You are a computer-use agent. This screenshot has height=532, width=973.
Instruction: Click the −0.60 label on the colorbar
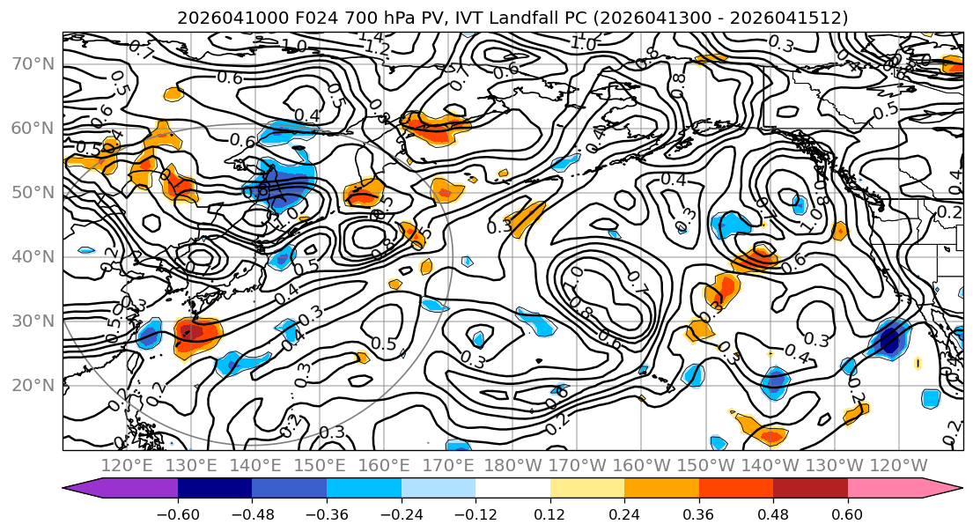pyautogui.click(x=178, y=514)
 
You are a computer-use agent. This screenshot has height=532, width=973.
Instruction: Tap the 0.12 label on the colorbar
pyautogui.click(x=549, y=514)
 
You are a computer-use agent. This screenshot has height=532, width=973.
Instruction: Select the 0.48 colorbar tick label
pyautogui.click(x=773, y=514)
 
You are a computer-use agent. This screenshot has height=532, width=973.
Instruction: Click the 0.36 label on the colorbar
pyautogui.click(x=698, y=514)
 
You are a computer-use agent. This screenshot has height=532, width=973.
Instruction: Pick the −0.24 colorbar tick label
pyautogui.click(x=401, y=514)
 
